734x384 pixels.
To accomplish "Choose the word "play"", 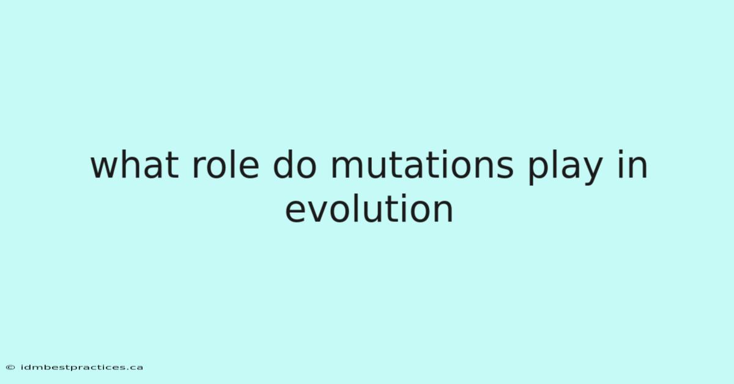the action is (x=565, y=167).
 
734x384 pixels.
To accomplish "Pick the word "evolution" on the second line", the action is (x=369, y=208).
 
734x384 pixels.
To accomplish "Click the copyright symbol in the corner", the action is (x=10, y=367).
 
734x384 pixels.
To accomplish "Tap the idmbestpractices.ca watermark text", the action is (x=82, y=367).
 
